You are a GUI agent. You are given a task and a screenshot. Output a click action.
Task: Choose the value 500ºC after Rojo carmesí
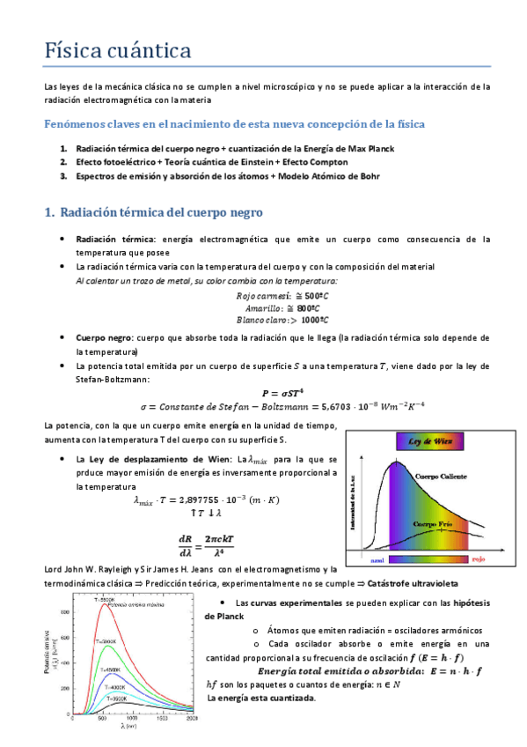303,297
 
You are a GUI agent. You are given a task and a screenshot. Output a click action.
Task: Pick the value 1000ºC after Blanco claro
306,321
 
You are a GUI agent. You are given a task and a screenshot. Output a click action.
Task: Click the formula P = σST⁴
282,392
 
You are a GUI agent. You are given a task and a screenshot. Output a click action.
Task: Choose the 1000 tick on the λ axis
128,720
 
